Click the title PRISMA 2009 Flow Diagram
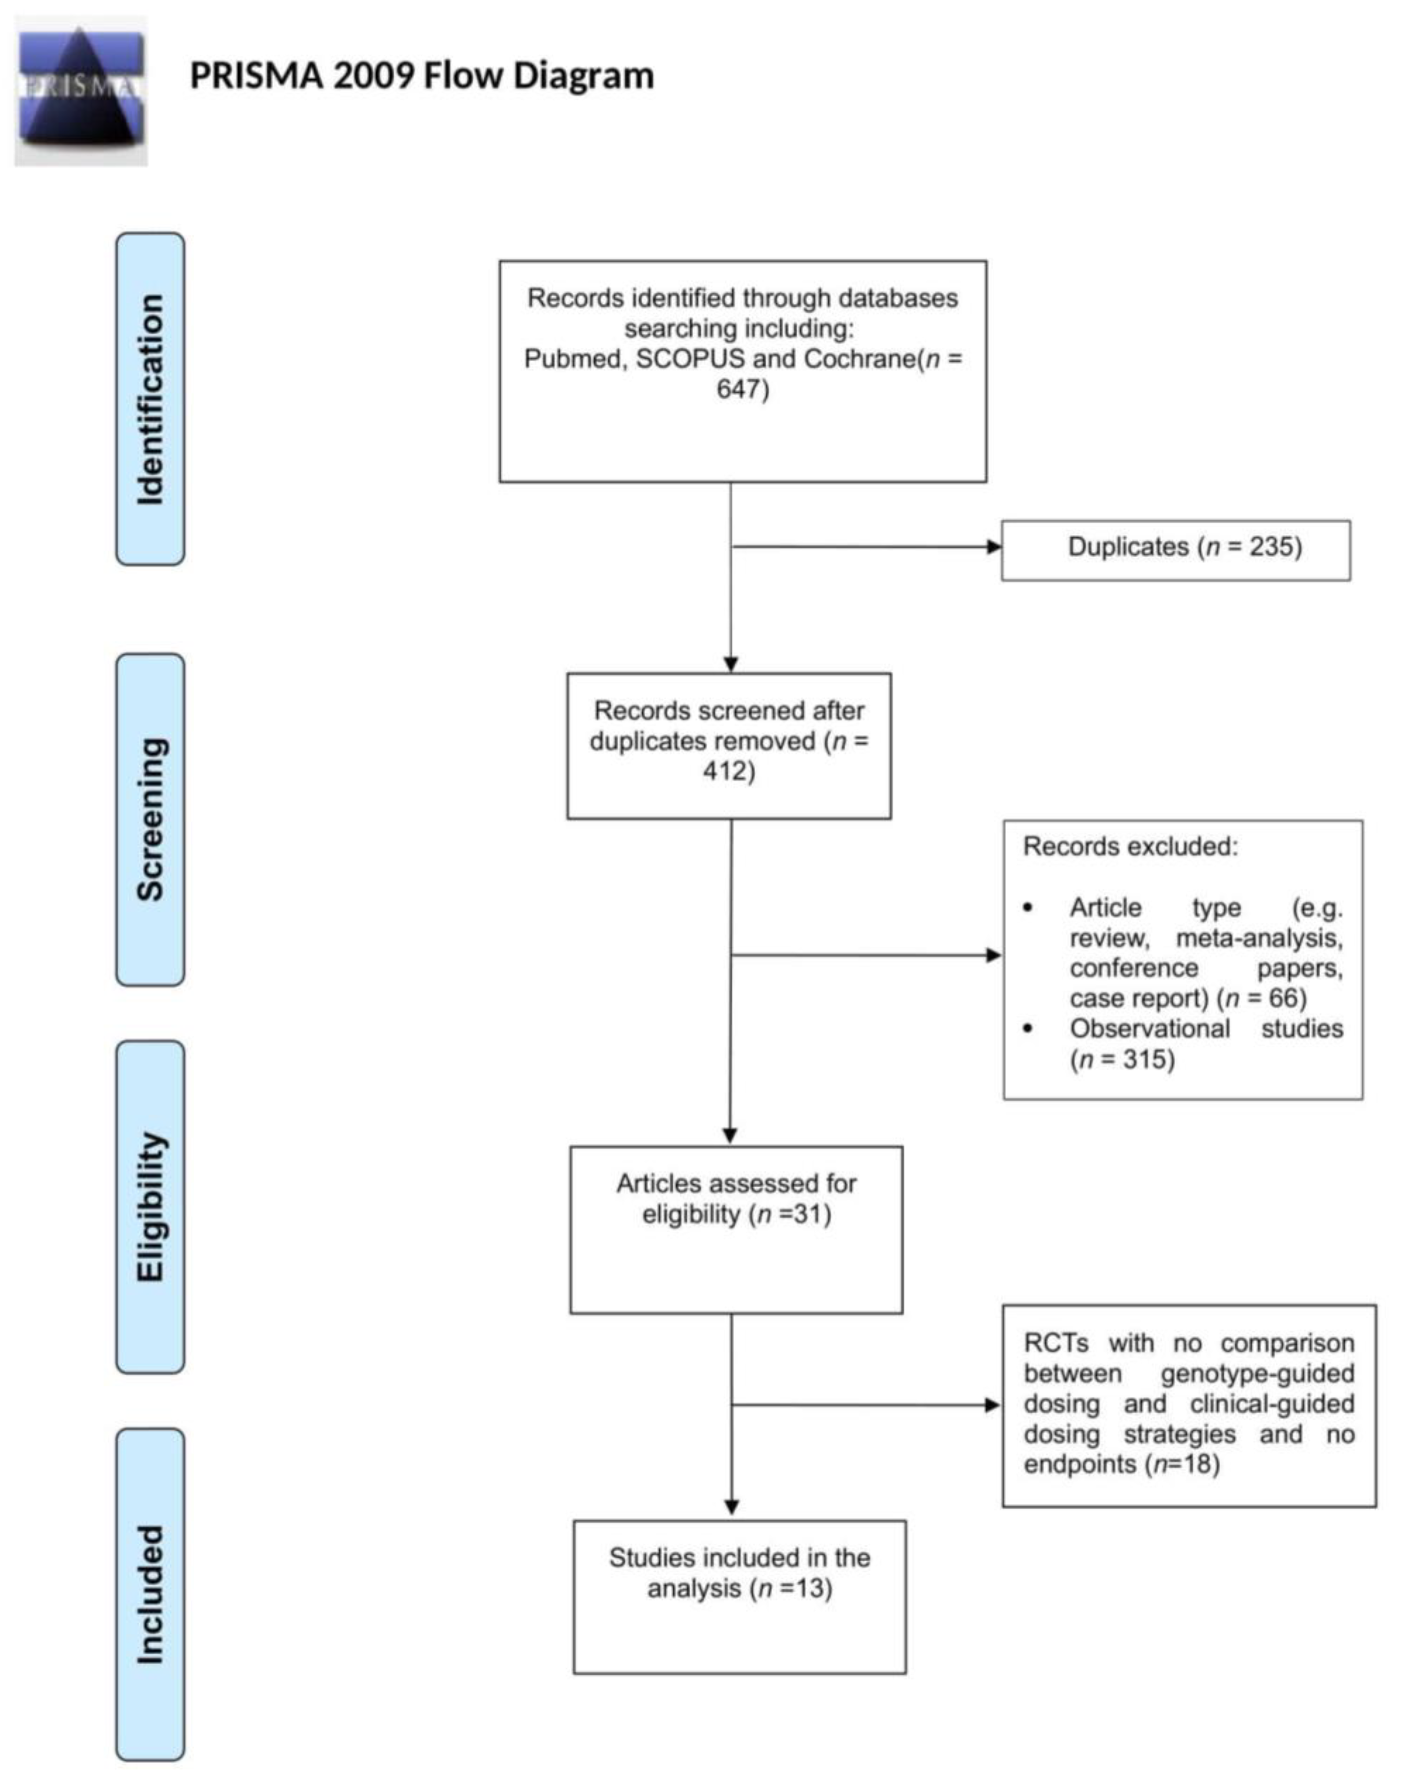pos(422,76)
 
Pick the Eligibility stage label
pos(150,1207)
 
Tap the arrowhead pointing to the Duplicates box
pos(993,547)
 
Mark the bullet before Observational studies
pos(1028,1030)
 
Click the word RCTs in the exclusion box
pos(1055,1344)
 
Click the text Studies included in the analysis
pos(739,1573)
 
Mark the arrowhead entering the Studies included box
pos(731,1508)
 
